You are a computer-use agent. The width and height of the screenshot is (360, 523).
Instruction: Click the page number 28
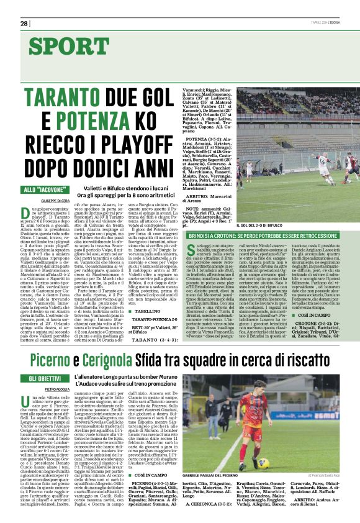pyautogui.click(x=24, y=23)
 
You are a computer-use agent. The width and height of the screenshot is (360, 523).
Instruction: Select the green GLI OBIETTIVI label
pyautogui.click(x=46, y=379)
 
